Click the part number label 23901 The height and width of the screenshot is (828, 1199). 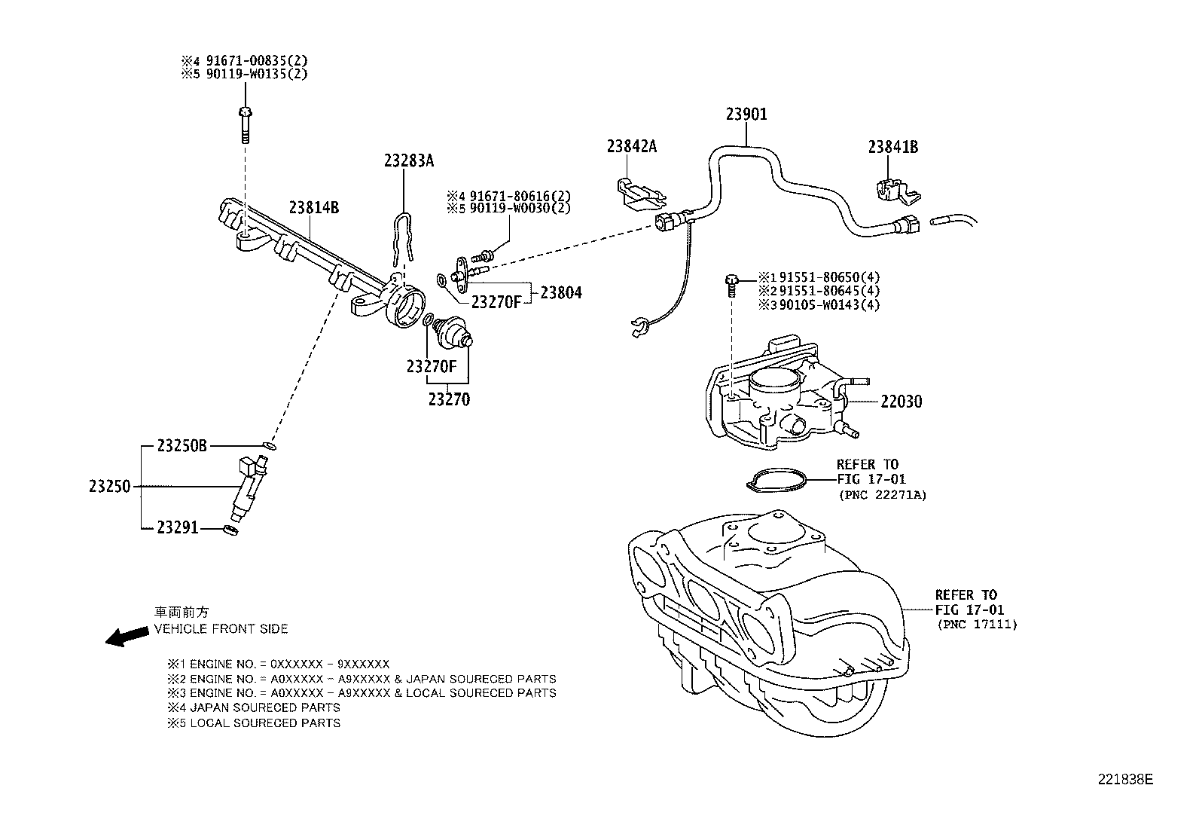746,115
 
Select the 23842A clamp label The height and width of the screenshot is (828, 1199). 631,146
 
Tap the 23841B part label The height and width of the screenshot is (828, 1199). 892,147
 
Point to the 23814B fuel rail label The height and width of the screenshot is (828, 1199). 313,208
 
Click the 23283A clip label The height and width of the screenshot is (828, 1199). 409,160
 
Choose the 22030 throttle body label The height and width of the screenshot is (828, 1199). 901,402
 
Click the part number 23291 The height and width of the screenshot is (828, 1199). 178,528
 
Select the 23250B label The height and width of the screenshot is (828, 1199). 182,445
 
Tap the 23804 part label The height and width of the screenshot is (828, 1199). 561,293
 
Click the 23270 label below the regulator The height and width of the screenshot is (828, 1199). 449,400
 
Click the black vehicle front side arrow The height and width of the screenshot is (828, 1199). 127,637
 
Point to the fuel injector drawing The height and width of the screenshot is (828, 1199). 249,490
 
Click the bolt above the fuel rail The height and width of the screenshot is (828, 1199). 244,124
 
